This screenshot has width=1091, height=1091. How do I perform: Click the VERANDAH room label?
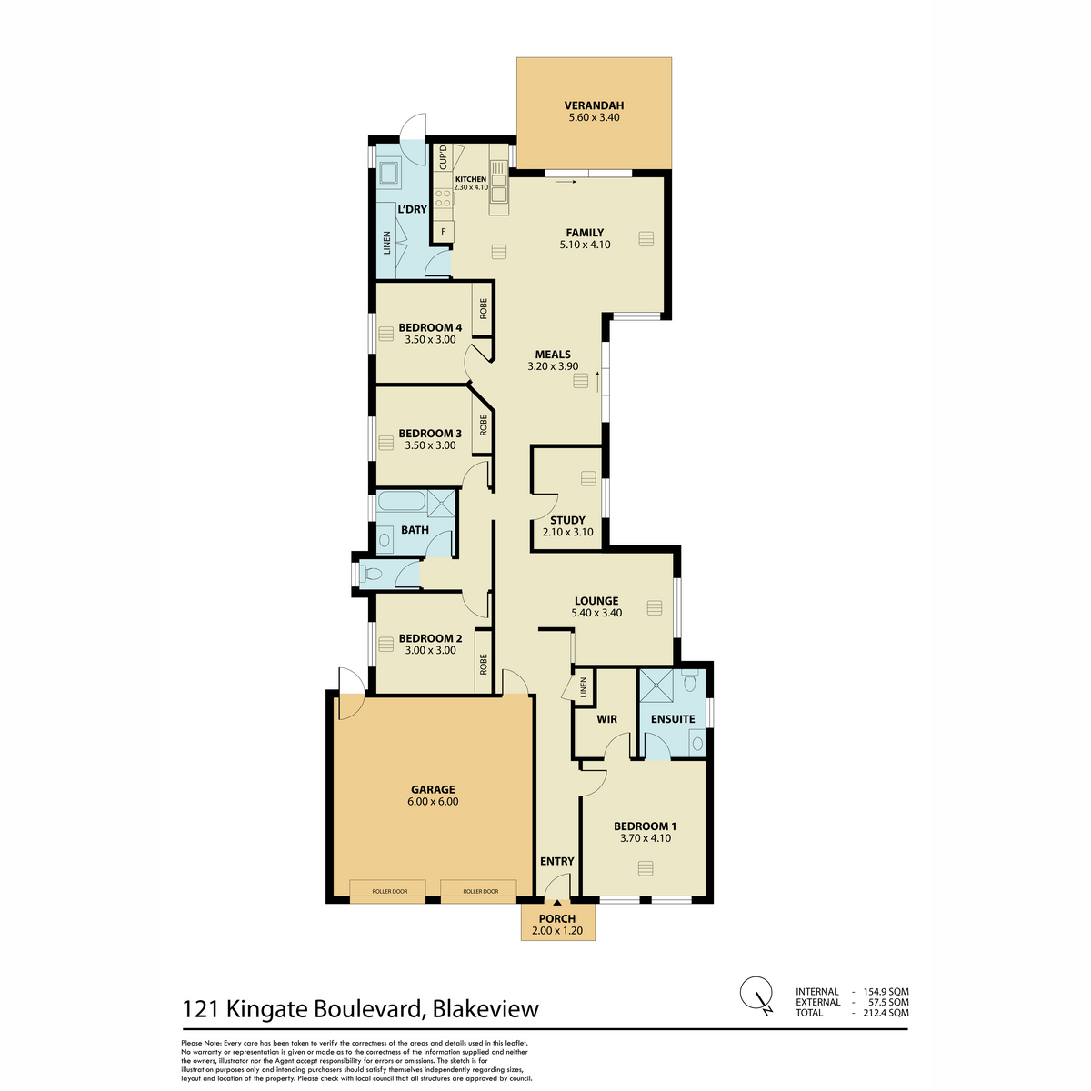[594, 105]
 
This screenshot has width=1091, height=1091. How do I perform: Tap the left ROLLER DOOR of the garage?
[387, 892]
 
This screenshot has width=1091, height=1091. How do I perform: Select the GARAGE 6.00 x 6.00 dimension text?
[433, 802]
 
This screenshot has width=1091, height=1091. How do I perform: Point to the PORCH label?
[557, 919]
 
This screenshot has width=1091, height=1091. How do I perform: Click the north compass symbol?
[756, 993]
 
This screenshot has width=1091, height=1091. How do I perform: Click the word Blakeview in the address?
[485, 1009]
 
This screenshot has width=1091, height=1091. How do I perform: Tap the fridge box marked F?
[444, 232]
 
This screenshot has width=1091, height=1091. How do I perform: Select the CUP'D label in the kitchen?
[443, 158]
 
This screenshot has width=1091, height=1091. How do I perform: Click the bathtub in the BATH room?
[400, 503]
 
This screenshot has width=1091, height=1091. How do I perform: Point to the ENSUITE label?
[673, 719]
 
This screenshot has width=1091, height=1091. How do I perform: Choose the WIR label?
[606, 719]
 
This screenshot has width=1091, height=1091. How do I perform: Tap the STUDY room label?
[567, 520]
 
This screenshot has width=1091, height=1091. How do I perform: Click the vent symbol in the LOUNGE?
[653, 607]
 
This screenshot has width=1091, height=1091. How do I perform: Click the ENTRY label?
[556, 861]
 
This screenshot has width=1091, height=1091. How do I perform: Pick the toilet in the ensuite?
[692, 681]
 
